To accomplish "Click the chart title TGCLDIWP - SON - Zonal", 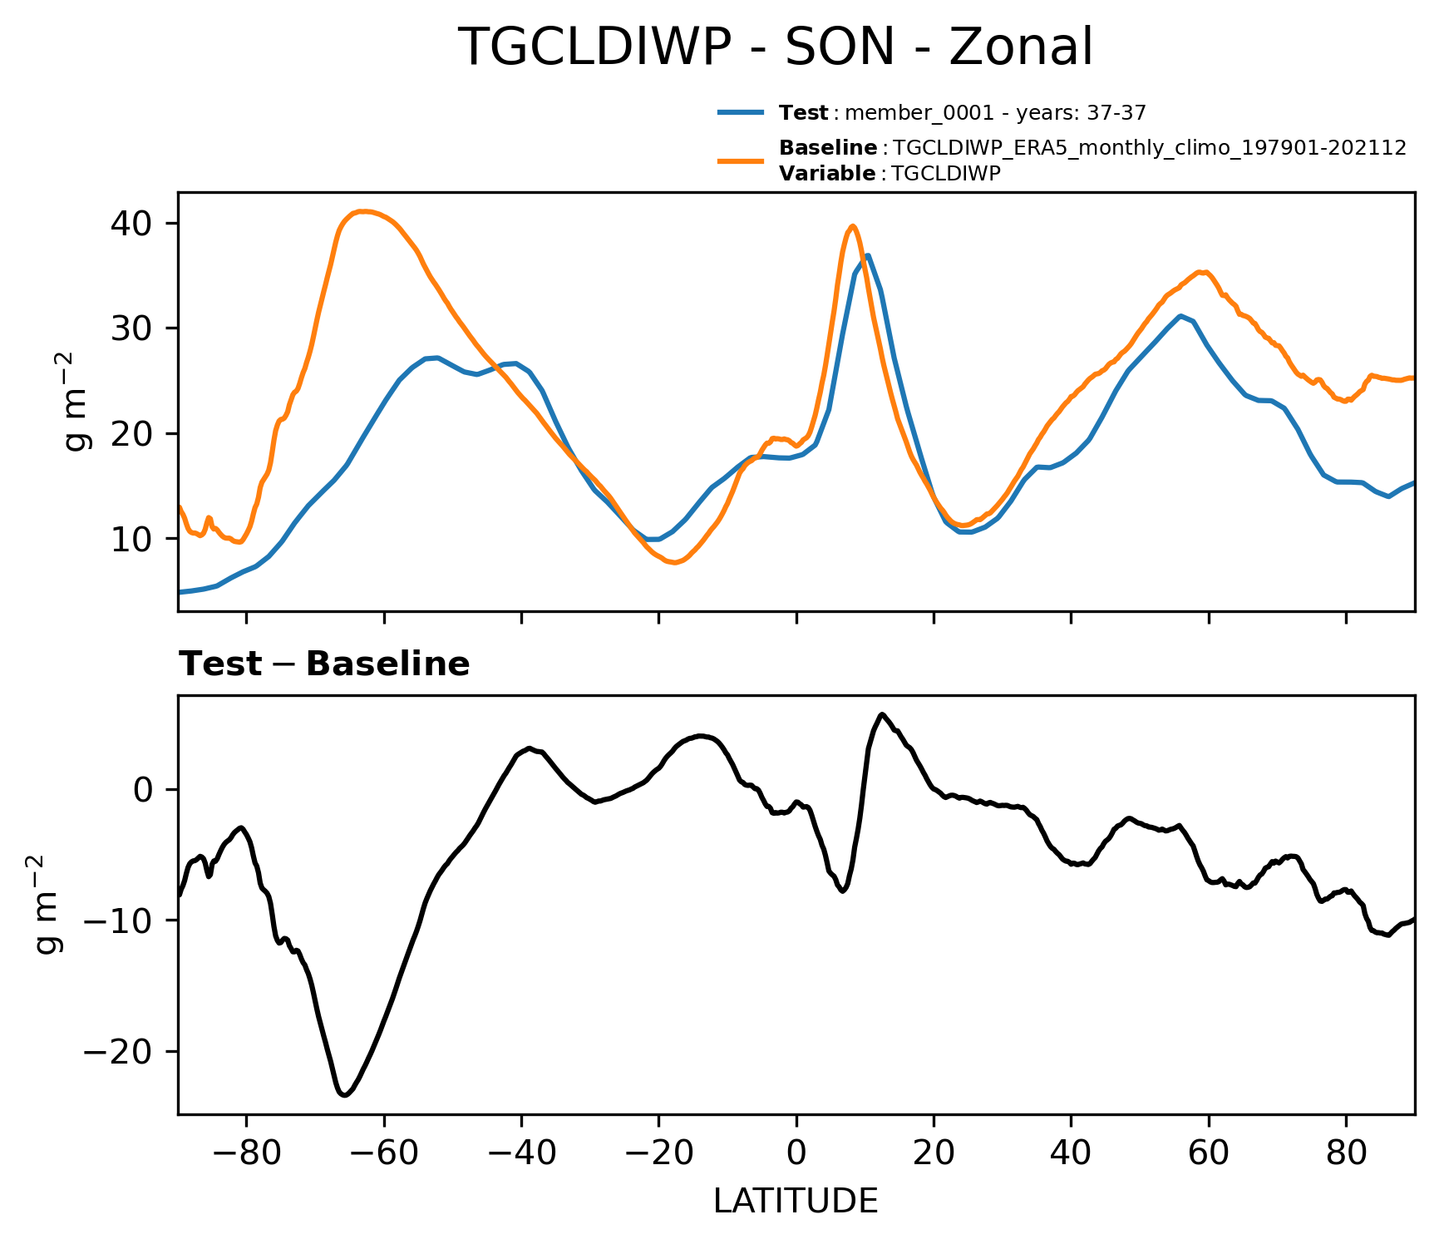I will (775, 47).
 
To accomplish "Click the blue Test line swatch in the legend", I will (740, 112).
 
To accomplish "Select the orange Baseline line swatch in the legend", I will (740, 160).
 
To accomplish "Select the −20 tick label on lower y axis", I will (118, 1051).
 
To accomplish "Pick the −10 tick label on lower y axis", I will (118, 921).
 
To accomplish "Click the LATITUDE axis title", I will (796, 1202).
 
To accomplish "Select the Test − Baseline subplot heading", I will (324, 664).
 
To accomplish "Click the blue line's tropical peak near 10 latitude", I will (867, 255).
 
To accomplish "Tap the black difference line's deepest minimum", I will (344, 1095).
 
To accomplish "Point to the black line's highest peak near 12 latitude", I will (882, 714).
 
